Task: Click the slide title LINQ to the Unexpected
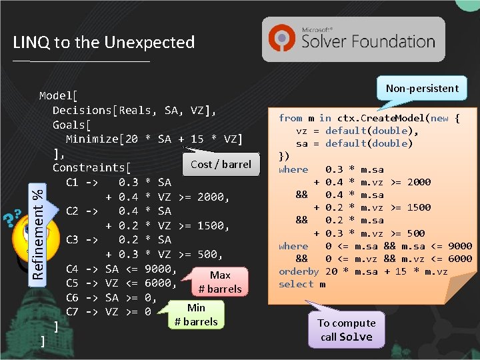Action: (103, 43)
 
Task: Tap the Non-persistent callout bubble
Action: (422, 88)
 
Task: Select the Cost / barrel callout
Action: (221, 164)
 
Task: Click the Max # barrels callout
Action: (219, 281)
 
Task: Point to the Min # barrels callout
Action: (196, 315)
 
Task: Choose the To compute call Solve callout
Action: (346, 329)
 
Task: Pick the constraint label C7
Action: (73, 311)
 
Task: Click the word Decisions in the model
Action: (82, 110)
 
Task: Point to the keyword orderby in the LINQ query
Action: (299, 271)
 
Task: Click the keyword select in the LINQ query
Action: (296, 284)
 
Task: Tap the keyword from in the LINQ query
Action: (290, 118)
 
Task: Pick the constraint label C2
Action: (73, 211)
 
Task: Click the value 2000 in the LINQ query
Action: (417, 182)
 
